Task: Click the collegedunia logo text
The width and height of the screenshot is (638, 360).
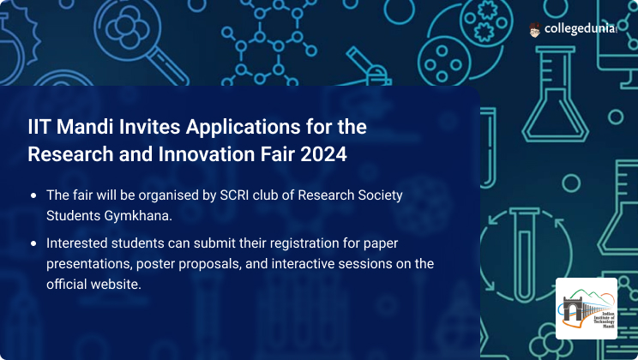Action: pyautogui.click(x=581, y=29)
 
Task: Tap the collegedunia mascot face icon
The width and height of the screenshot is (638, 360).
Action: pyautogui.click(x=534, y=30)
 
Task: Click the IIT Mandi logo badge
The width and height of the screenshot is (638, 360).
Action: pyautogui.click(x=587, y=309)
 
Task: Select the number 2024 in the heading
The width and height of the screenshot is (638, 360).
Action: pyautogui.click(x=323, y=154)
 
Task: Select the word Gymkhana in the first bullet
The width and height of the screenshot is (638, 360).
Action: pyautogui.click(x=138, y=216)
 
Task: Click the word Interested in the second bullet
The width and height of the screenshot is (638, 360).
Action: pyautogui.click(x=76, y=243)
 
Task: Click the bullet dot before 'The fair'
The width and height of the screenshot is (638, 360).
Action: pyautogui.click(x=33, y=195)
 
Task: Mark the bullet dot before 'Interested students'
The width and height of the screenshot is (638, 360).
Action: pyautogui.click(x=33, y=243)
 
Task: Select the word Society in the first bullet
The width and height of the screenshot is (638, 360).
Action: pyautogui.click(x=380, y=195)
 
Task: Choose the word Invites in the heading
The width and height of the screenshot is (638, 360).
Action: pyautogui.click(x=149, y=127)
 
